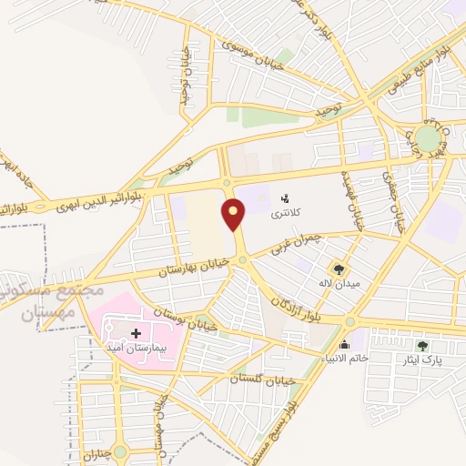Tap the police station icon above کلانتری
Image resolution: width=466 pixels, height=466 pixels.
point(285,198)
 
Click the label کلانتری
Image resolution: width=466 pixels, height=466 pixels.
point(283,215)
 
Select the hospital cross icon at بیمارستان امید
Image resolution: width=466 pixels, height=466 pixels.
point(137,333)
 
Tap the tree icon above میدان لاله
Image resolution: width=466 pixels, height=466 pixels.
point(339,269)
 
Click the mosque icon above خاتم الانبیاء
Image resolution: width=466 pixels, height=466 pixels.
point(344,344)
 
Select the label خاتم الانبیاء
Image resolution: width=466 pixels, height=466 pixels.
point(343,359)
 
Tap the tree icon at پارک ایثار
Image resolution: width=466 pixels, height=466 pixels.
point(421,345)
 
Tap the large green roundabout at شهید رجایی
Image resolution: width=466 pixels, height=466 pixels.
point(428,138)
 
